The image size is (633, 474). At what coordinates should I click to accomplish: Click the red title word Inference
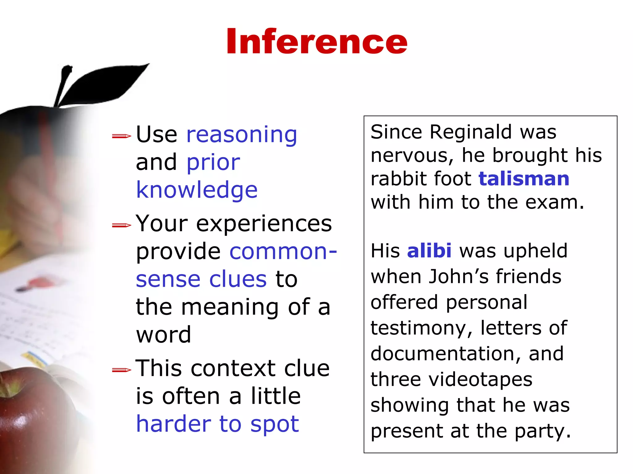click(316, 42)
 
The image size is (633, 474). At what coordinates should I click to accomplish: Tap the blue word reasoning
click(242, 135)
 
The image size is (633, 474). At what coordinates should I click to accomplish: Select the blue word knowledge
click(197, 190)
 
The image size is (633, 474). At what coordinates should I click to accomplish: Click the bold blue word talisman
click(524, 179)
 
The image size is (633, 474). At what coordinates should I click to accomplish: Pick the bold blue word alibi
click(429, 251)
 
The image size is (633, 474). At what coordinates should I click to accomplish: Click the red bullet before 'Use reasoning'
click(121, 136)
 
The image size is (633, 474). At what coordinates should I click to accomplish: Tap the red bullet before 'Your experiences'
click(121, 225)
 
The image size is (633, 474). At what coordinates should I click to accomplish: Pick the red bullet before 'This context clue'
click(121, 370)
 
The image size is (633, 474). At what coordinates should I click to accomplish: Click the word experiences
click(264, 223)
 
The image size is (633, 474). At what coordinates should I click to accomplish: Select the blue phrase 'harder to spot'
click(217, 424)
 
